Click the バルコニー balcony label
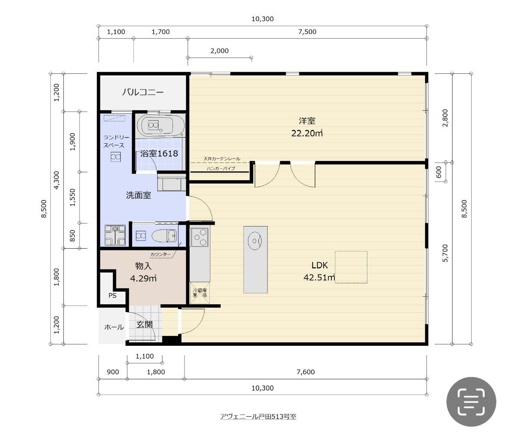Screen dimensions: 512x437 (143, 92)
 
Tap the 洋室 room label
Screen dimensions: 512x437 (307, 121)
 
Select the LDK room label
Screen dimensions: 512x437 (319, 265)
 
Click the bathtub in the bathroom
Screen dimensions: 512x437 (160, 125)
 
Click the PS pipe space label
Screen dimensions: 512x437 (112, 296)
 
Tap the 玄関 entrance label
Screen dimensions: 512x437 (144, 325)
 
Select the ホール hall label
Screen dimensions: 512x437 (114, 327)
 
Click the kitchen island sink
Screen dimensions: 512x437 (254, 241)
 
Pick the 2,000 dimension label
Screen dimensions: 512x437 (219, 51)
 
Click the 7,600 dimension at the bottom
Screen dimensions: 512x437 (306, 372)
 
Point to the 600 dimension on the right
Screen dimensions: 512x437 (439, 172)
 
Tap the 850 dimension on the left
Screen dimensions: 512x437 (73, 236)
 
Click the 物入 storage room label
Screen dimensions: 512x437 (143, 266)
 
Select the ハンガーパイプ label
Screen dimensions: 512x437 (221, 168)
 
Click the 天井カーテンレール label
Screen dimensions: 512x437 (222, 158)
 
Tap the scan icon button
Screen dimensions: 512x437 (471, 402)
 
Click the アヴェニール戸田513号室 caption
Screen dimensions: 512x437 (258, 417)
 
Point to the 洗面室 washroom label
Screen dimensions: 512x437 (139, 195)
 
